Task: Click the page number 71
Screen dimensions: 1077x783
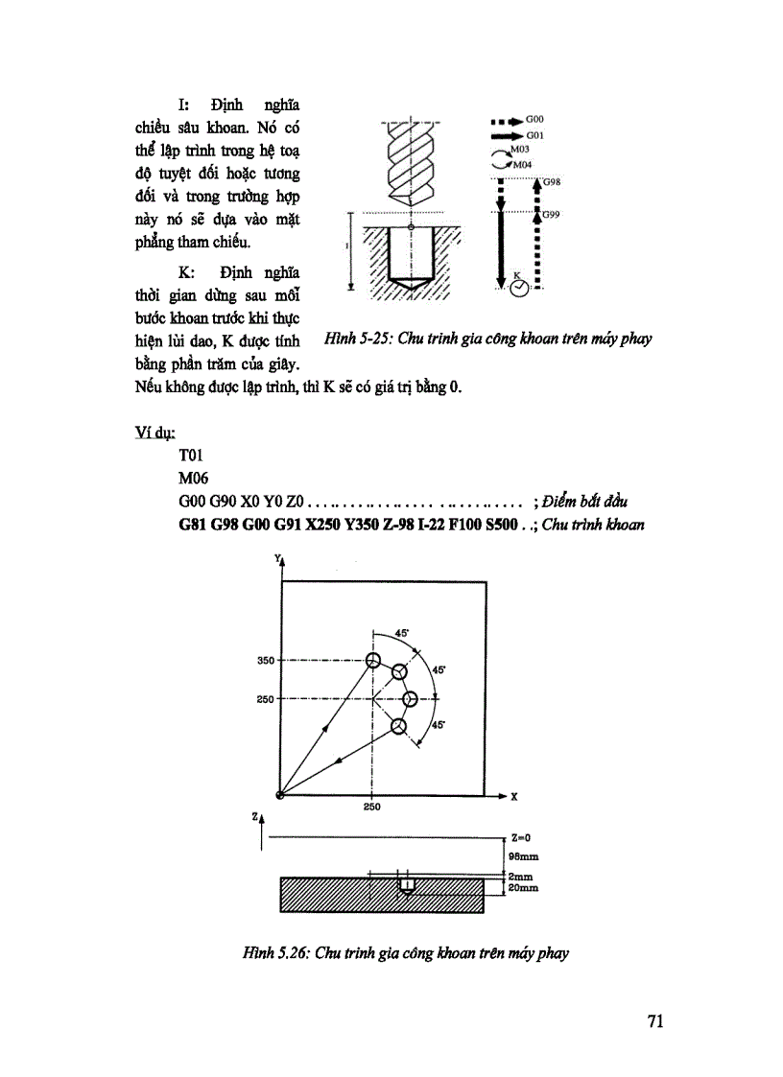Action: click(655, 1020)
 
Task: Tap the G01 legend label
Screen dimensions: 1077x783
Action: click(534, 137)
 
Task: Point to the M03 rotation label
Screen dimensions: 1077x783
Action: click(519, 151)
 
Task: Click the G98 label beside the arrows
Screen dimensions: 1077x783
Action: click(551, 180)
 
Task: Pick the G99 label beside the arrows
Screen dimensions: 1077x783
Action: click(551, 215)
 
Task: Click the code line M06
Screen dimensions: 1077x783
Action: click(194, 478)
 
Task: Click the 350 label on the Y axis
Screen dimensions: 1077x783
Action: click(266, 661)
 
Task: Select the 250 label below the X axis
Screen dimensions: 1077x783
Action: click(372, 808)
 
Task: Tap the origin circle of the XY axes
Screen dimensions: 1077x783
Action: click(279, 795)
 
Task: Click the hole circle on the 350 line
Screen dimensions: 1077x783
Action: click(373, 660)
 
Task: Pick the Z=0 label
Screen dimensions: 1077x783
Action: click(519, 837)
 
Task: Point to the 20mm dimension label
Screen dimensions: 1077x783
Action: click(523, 889)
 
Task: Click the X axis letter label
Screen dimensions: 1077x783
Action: click(514, 796)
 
